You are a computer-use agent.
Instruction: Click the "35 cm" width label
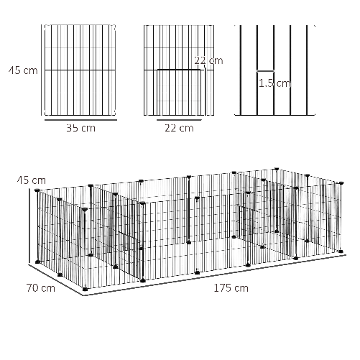(x=81, y=129)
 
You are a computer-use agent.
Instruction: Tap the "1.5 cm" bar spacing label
(x=274, y=83)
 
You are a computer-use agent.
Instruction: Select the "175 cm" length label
(x=231, y=288)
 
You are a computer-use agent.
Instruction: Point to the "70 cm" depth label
(x=41, y=288)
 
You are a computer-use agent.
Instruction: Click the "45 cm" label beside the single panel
(x=23, y=70)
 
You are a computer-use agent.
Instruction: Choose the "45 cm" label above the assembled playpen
(x=32, y=180)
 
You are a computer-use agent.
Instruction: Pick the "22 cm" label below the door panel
(x=179, y=128)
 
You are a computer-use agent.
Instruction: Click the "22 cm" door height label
(x=208, y=60)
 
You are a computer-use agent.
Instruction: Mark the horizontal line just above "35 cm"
(x=80, y=120)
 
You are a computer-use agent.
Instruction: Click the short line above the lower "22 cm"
(x=179, y=120)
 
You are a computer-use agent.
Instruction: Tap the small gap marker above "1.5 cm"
(x=265, y=71)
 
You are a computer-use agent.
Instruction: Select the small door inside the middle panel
(x=179, y=93)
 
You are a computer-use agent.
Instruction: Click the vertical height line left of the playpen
(x=29, y=226)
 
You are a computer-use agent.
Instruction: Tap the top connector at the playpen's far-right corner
(x=341, y=183)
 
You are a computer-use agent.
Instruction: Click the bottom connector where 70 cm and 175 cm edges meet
(x=85, y=289)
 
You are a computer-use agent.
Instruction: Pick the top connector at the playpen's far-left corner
(x=37, y=190)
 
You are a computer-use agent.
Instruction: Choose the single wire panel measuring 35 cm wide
(x=80, y=70)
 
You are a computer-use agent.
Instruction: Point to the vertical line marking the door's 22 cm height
(x=206, y=91)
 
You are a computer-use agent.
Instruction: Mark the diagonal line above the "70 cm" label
(x=56, y=280)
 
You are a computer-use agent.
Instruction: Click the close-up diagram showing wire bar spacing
(x=274, y=70)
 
